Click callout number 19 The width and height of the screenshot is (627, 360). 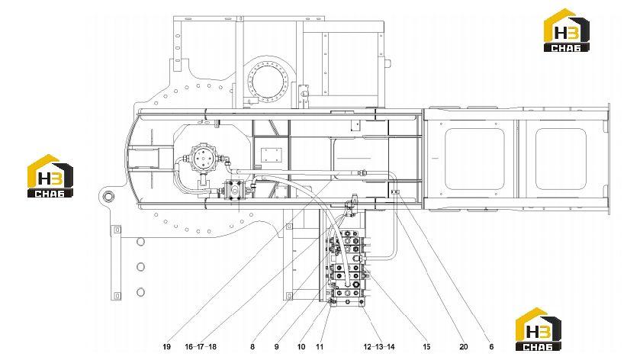point(167,347)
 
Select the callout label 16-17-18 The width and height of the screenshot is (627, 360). point(201,347)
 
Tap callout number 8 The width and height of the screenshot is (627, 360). point(252,347)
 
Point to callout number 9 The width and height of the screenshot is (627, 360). point(276,347)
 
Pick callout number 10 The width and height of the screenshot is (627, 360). point(301,347)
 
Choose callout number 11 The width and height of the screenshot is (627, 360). point(320,347)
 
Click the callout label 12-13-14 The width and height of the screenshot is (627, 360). point(379,347)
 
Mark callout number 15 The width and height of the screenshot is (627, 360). point(426,347)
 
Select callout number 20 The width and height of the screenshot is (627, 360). point(464,347)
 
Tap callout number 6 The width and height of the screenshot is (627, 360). point(491,347)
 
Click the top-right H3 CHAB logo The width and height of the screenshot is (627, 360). point(567,30)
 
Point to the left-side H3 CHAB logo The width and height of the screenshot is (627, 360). point(50,175)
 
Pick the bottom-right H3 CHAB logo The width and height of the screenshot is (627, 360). point(539,329)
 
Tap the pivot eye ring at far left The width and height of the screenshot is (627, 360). point(108,197)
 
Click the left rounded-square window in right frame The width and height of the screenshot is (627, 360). point(474,159)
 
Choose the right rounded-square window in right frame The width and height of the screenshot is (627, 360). point(561,159)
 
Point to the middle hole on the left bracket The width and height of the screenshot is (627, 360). point(140,267)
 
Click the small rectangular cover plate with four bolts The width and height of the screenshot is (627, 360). point(272,154)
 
